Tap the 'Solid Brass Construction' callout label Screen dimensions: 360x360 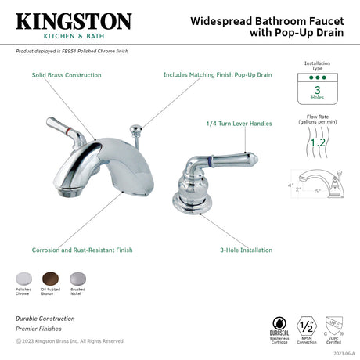click(67, 75)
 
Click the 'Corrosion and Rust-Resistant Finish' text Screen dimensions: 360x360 click(82, 250)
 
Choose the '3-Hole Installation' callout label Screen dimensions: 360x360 click(246, 250)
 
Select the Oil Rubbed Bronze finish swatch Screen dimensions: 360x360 click(50, 278)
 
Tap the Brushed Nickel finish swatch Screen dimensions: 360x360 click(77, 278)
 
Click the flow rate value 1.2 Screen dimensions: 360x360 click(319, 143)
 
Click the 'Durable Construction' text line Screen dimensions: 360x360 click(45, 319)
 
